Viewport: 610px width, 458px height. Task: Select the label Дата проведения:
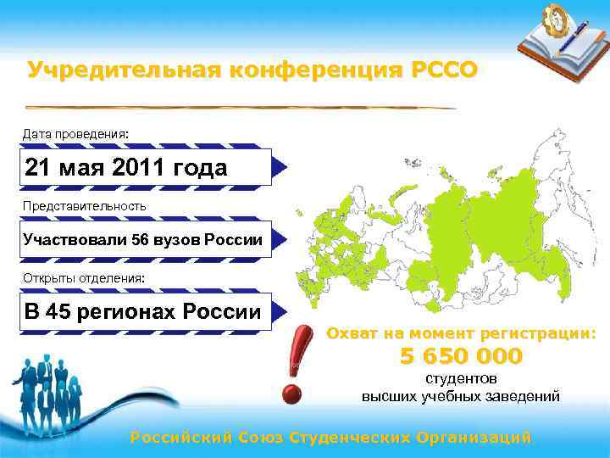pos(76,134)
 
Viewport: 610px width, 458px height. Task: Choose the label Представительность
pos(84,205)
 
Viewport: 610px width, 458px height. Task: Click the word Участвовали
pos(75,239)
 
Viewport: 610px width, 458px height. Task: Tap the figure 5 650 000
pos(461,356)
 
